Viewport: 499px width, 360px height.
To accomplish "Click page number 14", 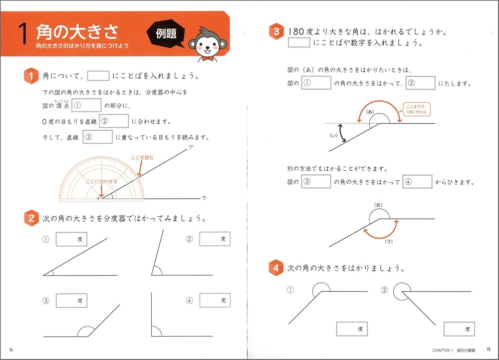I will [x=11, y=349].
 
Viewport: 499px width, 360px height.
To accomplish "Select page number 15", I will [x=489, y=349].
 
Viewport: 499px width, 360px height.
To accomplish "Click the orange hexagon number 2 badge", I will [x=31, y=219].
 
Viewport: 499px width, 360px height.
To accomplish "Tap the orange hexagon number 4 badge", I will [x=275, y=268].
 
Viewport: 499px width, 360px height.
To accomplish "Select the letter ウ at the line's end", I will [x=204, y=198].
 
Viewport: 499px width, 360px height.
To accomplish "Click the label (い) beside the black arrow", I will [x=330, y=135].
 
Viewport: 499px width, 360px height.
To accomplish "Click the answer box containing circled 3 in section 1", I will [x=98, y=137].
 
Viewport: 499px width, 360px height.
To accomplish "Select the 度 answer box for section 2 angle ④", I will [x=215, y=301].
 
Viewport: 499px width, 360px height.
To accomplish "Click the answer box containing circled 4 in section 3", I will [x=417, y=182].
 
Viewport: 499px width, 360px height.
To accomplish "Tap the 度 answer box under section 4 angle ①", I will [x=352, y=329].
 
